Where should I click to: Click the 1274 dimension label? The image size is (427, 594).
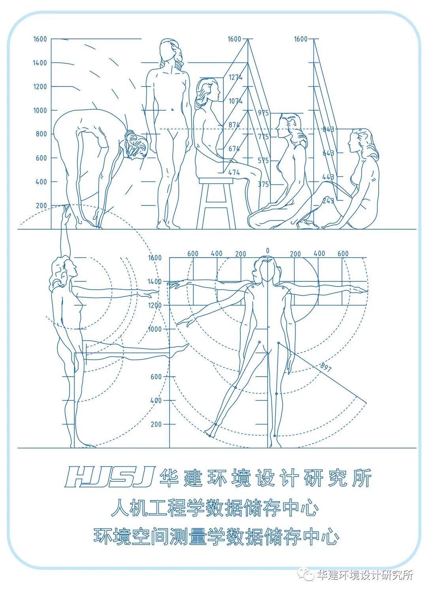click(236, 77)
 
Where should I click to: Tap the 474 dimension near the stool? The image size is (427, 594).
click(234, 173)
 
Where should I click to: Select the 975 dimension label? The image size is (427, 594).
click(263, 113)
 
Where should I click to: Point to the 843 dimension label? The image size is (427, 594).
click(328, 129)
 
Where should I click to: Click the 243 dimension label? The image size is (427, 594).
click(328, 201)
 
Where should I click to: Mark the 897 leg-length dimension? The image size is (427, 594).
click(326, 367)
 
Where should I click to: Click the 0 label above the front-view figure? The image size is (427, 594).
click(268, 251)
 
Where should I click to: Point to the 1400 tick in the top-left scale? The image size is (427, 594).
click(40, 63)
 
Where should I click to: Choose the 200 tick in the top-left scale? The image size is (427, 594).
click(42, 206)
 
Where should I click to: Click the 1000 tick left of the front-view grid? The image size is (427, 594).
click(155, 329)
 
